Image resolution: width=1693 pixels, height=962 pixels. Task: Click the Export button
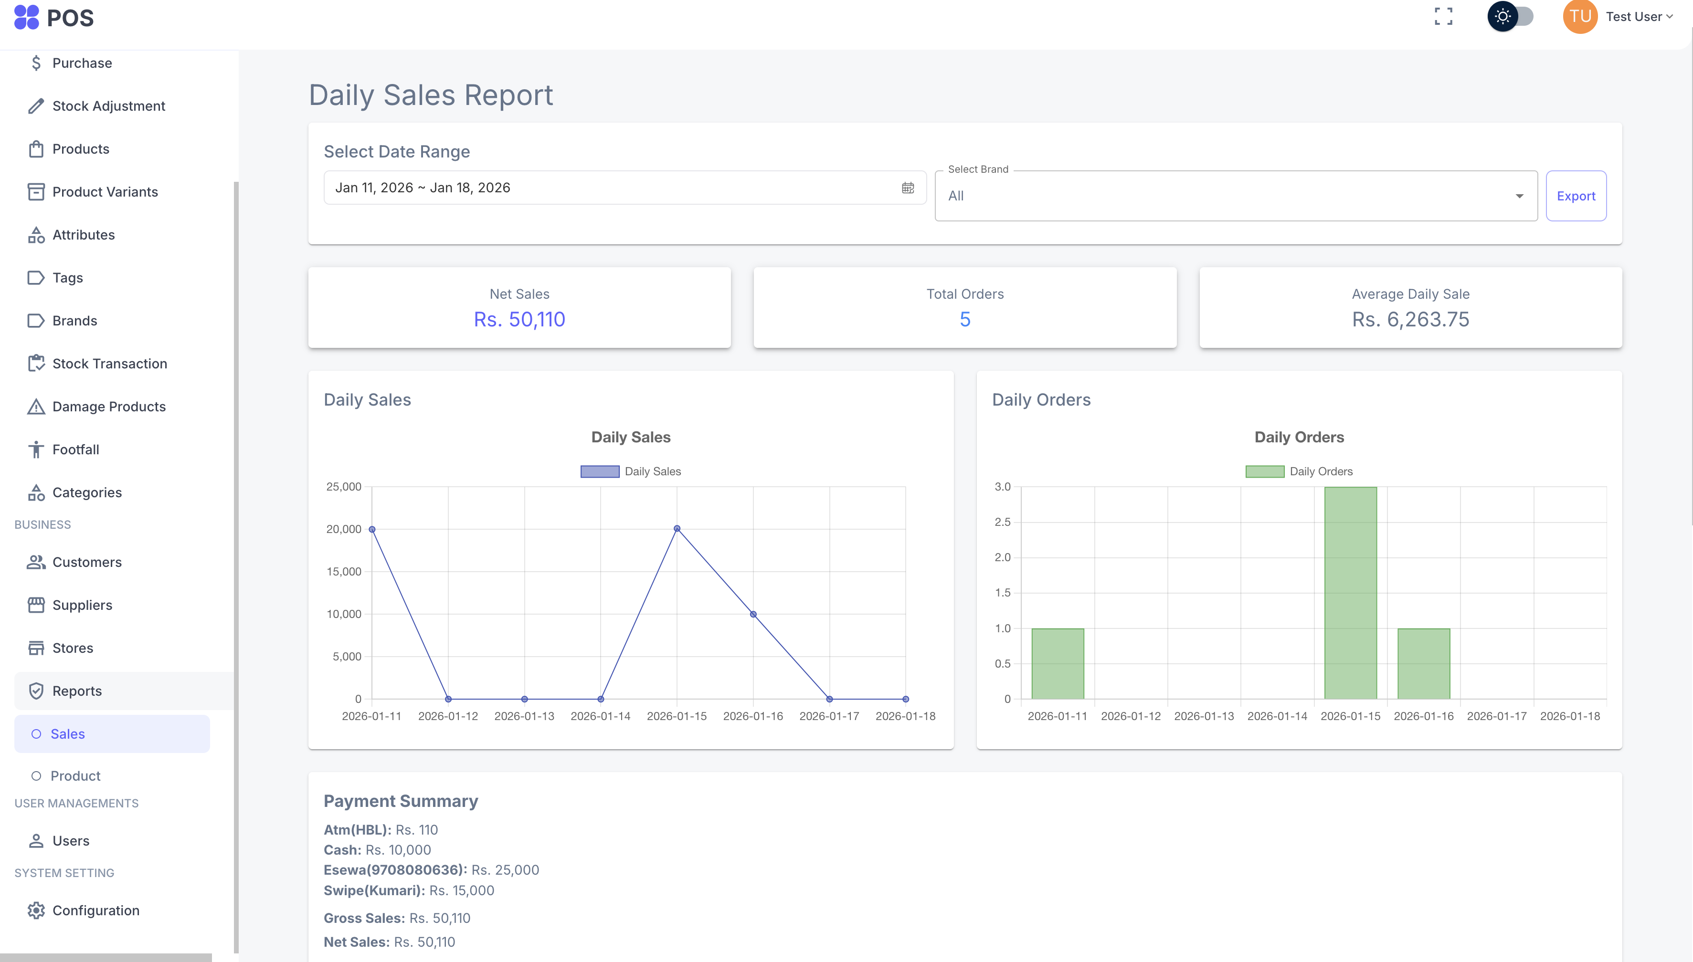click(x=1576, y=196)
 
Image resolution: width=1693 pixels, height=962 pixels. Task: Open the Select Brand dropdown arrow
click(x=1519, y=196)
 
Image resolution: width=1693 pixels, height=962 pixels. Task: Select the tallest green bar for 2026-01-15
click(x=1350, y=593)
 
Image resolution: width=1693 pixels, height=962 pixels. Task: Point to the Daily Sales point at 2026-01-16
click(x=753, y=615)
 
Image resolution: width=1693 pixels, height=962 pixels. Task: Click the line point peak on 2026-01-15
click(x=677, y=529)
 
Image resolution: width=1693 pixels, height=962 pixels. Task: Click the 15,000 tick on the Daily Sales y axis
click(x=344, y=572)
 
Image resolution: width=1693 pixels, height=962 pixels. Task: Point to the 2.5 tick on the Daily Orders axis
click(x=1002, y=522)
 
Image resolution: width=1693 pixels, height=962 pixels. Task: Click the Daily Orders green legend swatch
click(x=1264, y=471)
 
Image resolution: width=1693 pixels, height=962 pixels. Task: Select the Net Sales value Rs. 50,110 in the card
click(x=519, y=320)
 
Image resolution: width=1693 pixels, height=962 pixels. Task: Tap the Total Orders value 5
click(x=964, y=320)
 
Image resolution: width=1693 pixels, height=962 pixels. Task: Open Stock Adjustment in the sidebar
click(x=108, y=106)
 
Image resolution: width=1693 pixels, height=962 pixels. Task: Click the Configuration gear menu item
click(x=95, y=910)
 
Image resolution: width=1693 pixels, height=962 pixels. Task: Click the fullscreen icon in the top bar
click(x=1443, y=17)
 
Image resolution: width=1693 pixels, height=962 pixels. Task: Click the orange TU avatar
click(x=1579, y=17)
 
